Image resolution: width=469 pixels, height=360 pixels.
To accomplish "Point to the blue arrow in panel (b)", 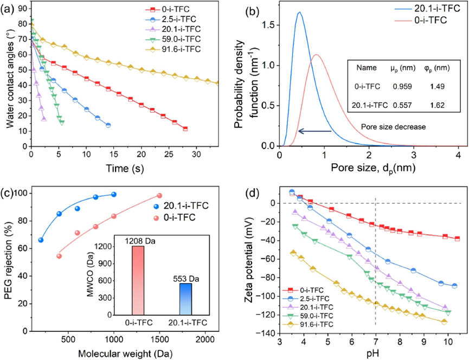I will pos(314,131).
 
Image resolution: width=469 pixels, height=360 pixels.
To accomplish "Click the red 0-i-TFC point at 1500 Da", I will pos(159,196).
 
